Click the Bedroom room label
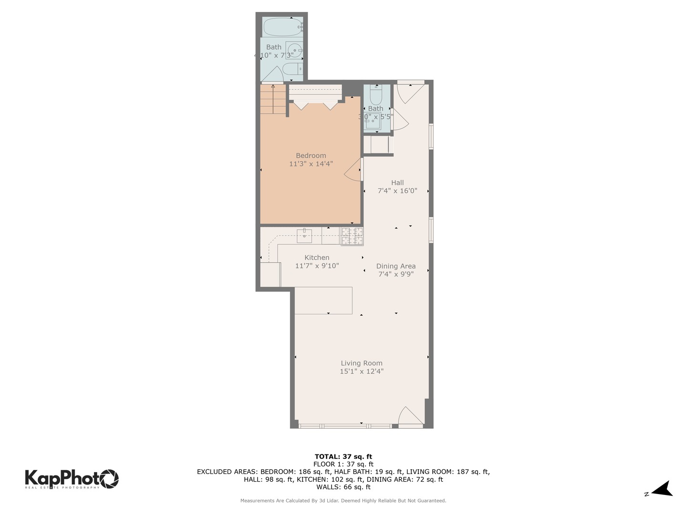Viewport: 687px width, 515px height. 311,155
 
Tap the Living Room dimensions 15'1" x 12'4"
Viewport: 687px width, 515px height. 361,371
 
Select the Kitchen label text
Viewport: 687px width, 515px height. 317,257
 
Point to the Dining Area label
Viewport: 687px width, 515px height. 396,266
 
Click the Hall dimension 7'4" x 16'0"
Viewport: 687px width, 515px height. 397,191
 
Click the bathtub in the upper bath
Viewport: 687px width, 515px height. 282,27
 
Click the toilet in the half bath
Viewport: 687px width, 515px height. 376,95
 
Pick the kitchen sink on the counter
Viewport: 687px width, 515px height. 304,235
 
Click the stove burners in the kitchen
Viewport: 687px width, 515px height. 352,236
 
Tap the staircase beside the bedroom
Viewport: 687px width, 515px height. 273,100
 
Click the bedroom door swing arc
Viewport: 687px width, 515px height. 354,171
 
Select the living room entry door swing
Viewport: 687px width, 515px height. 410,417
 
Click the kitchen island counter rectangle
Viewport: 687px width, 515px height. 323,300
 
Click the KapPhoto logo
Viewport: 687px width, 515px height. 72,478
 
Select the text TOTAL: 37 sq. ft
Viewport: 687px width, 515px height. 343,456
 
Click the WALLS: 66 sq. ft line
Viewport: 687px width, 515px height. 343,487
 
